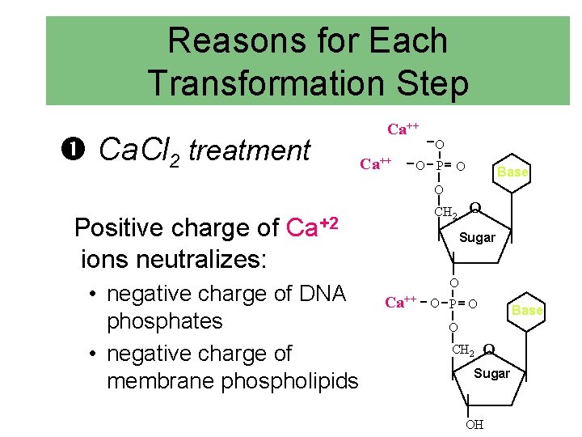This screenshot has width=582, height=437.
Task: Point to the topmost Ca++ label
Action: (x=403, y=129)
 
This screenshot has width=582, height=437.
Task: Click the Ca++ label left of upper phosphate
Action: (x=375, y=164)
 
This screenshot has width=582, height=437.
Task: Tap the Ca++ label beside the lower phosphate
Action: (x=400, y=303)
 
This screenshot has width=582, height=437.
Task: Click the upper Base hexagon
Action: (x=512, y=172)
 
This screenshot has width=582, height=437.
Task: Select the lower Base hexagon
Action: (x=527, y=311)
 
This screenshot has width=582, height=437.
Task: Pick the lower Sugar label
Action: (x=491, y=373)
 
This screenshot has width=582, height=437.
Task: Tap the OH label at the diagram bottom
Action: (x=474, y=425)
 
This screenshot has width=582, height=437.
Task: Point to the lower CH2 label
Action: (x=463, y=350)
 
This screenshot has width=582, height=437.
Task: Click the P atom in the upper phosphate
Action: (x=439, y=166)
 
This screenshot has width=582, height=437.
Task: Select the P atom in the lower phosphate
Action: (x=453, y=303)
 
